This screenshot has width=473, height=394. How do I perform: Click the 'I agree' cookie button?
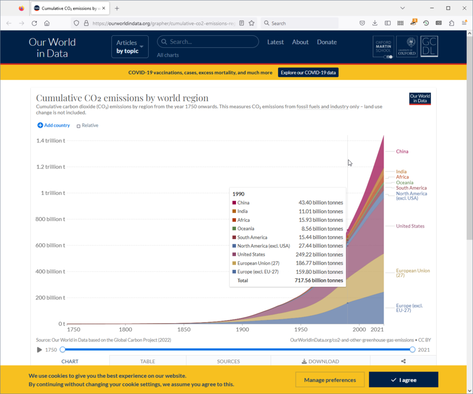click(403, 380)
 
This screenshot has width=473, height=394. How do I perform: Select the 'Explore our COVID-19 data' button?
click(308, 72)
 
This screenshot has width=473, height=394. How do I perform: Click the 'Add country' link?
click(54, 126)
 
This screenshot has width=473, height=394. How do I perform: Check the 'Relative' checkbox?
click(79, 126)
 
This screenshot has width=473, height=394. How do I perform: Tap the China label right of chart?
click(402, 151)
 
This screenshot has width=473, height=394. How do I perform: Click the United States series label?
click(410, 226)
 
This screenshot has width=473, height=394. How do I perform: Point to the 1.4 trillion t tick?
click(50, 141)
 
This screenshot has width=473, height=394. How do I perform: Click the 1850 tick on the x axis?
click(184, 329)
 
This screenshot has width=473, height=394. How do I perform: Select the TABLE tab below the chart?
click(148, 361)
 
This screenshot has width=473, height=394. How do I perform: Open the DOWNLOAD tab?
click(320, 361)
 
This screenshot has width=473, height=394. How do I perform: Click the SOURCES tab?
click(228, 361)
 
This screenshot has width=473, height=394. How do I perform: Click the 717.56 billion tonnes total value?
click(318, 281)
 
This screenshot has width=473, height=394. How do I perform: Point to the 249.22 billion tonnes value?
click(321, 254)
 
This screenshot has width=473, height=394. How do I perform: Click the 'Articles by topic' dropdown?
click(130, 47)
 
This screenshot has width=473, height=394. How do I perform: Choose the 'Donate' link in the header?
click(326, 42)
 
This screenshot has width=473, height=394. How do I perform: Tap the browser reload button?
click(34, 23)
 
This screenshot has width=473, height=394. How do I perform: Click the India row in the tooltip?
click(287, 211)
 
